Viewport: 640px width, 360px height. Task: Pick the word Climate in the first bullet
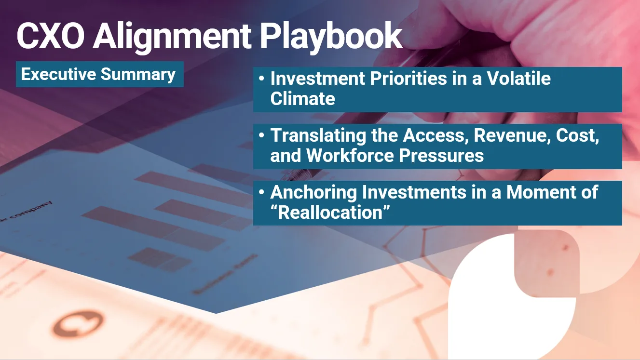pos(302,99)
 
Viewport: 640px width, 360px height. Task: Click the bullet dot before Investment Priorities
pos(261,79)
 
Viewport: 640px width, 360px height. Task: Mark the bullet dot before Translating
pos(261,135)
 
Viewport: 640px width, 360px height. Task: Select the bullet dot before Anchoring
pos(261,192)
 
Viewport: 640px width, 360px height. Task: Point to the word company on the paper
pos(30,211)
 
